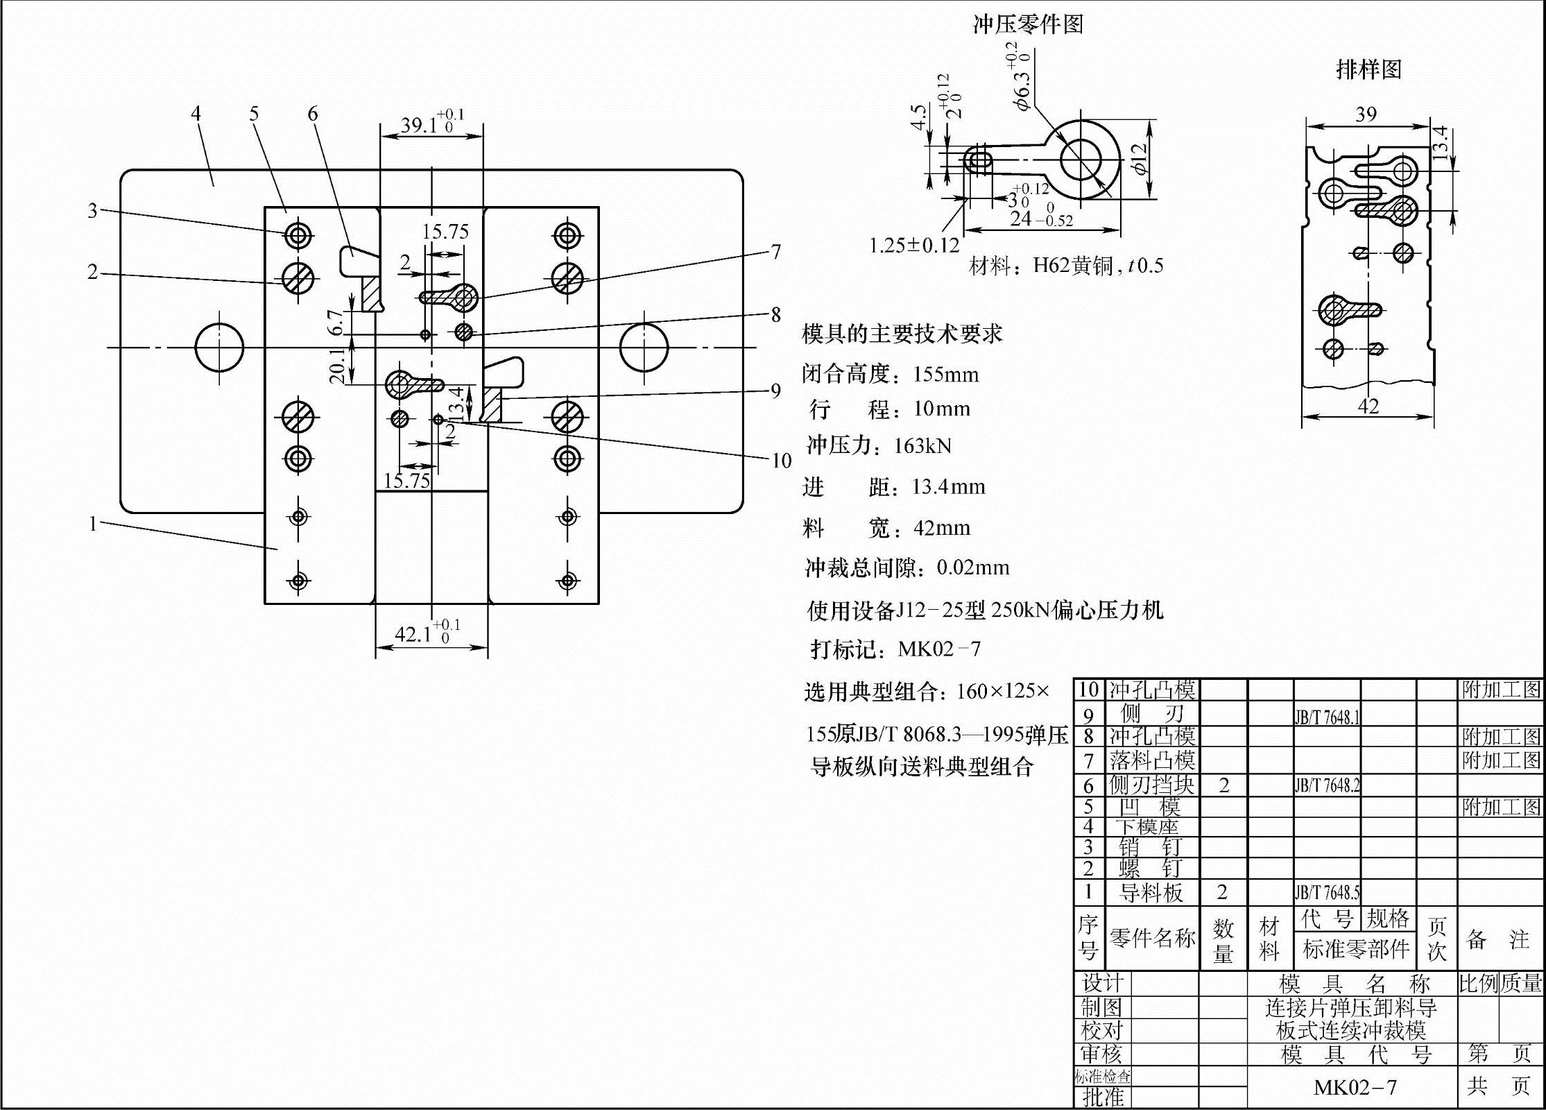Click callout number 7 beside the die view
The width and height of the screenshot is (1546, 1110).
pos(776,252)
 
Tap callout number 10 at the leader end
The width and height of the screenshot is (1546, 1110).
pos(781,461)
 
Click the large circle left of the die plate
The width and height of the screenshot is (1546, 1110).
pos(219,347)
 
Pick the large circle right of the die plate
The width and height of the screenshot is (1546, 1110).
pos(644,347)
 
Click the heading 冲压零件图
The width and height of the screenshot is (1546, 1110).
pos(1027,25)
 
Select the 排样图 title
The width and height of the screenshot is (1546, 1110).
pos(1368,69)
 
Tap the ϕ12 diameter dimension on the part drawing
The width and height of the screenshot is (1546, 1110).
pos(1138,159)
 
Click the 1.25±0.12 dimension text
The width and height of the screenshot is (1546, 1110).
pos(914,246)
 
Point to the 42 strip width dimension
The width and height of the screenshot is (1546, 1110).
pos(1368,407)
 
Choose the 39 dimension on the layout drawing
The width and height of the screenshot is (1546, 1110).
pos(1366,114)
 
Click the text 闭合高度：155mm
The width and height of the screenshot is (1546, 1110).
pos(891,375)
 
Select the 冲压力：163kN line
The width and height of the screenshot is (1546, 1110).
pos(879,445)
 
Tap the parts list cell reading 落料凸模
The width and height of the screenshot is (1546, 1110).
pos(1152,761)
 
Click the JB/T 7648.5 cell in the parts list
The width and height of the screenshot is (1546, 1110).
pos(1327,892)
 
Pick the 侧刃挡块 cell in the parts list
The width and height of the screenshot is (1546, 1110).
pos(1152,785)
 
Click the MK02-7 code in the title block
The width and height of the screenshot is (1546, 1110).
pos(1355,1087)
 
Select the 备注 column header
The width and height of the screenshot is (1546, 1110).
pos(1499,940)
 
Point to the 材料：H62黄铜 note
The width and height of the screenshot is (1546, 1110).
pos(1065,266)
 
